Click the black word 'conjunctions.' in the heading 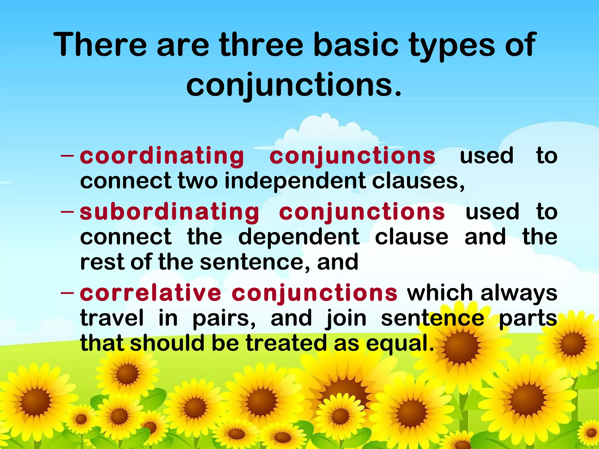point(294,85)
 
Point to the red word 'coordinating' point(162,156)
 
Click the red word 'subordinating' point(169,212)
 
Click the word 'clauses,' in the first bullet point(418,181)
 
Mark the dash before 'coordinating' point(67,156)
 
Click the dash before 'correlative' point(67,292)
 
